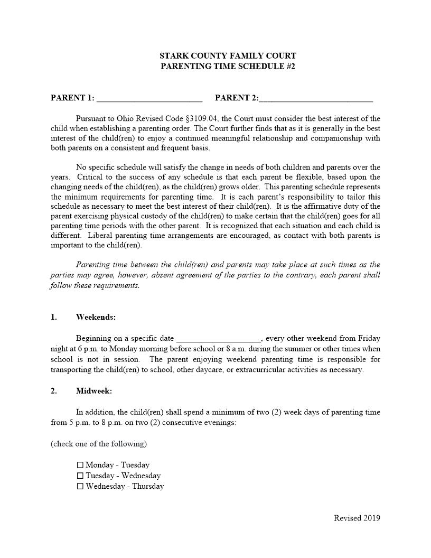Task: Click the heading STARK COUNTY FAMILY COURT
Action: [228, 55]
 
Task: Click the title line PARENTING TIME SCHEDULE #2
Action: [228, 66]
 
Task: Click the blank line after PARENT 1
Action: [149, 98]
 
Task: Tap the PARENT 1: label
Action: [72, 98]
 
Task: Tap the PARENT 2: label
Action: [237, 98]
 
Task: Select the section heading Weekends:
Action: [96, 317]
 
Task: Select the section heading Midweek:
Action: [94, 391]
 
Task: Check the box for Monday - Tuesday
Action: [80, 465]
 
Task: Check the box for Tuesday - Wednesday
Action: [80, 476]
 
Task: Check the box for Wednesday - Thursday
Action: [80, 486]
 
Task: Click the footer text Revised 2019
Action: [357, 518]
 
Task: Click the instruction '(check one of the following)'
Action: [99, 443]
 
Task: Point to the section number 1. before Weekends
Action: [54, 317]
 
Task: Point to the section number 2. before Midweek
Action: [54, 391]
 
